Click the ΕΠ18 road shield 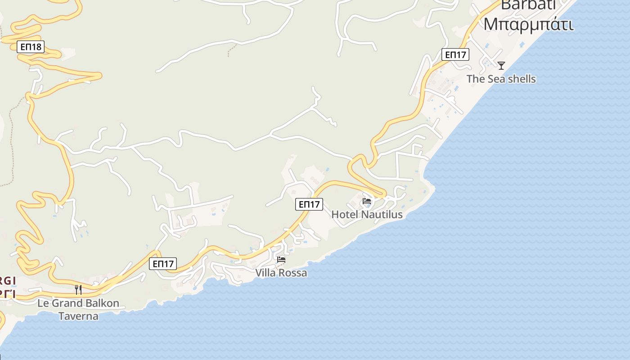tap(31, 46)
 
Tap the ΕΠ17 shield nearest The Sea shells tap(455, 55)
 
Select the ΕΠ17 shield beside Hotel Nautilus tap(310, 204)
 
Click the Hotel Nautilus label tap(367, 215)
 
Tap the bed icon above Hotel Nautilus tap(367, 201)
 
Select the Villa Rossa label tap(281, 273)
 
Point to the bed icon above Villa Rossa tap(281, 259)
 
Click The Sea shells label tap(501, 79)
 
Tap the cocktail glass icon tap(501, 66)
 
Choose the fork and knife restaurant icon tap(78, 289)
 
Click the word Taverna tap(78, 316)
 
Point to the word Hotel tap(345, 215)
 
